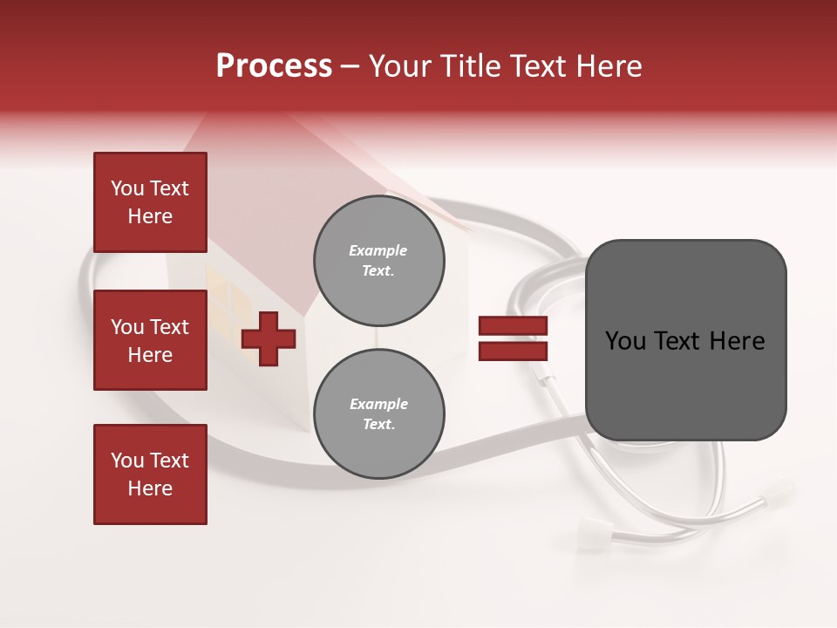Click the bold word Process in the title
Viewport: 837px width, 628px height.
274,66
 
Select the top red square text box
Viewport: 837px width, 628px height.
150,203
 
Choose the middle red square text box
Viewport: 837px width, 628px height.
150,340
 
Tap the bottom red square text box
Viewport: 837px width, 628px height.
150,474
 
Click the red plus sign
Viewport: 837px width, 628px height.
269,339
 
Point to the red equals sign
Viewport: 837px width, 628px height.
513,339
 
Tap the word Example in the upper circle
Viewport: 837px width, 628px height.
378,251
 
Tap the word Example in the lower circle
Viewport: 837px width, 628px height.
378,405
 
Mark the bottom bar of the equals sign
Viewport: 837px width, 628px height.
513,352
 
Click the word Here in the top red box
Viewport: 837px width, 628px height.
150,217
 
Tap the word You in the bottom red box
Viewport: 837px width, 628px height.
127,461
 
